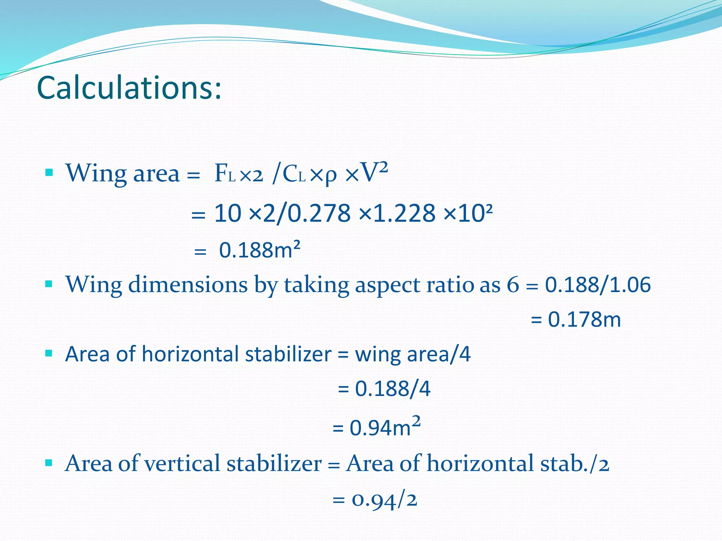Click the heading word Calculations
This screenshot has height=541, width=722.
[x=129, y=88]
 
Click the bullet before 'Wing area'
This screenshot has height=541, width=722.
[x=49, y=173]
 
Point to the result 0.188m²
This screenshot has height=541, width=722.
[x=259, y=250]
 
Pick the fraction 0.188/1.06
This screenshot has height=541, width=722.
[x=598, y=285]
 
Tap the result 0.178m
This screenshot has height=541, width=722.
[x=584, y=319]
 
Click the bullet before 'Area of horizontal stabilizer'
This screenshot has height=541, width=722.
[x=49, y=353]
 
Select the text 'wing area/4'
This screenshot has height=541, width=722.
[x=412, y=354]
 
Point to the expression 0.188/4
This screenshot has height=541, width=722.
[x=392, y=389]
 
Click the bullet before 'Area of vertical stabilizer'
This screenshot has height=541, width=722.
[x=49, y=462]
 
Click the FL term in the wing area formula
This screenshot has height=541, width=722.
[x=225, y=174]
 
